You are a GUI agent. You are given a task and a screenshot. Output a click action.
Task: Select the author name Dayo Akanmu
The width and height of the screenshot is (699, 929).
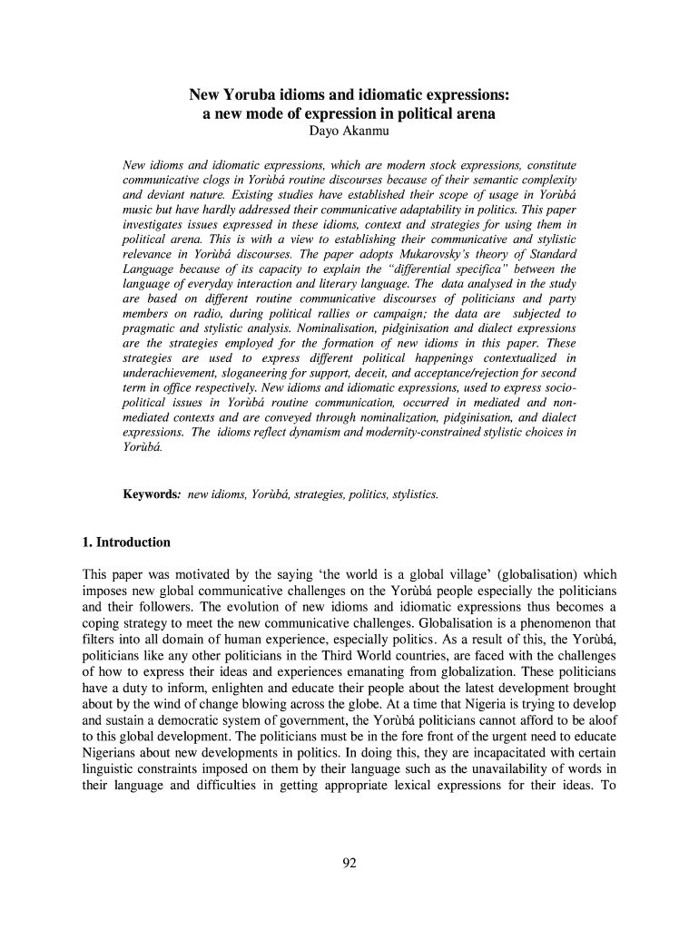coord(349,135)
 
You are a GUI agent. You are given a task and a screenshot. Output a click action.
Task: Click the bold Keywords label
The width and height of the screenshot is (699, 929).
coord(151,494)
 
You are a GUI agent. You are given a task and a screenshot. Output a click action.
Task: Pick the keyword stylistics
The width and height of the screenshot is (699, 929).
coord(410,494)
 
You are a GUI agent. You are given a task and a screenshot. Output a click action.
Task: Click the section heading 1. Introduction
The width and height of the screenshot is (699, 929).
coord(126,543)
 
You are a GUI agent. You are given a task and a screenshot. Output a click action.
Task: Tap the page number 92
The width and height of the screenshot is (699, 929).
coord(349,863)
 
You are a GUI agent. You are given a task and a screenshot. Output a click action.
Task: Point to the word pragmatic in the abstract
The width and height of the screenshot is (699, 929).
coord(151,328)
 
